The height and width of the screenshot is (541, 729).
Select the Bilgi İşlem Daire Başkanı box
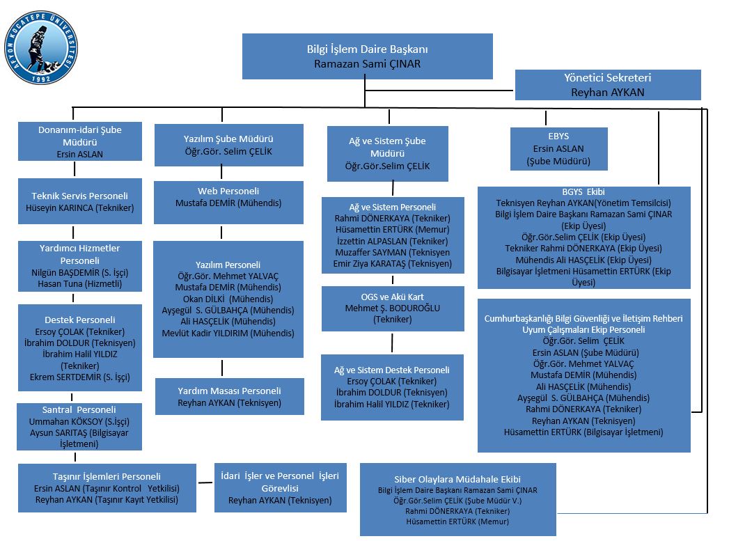pos(367,56)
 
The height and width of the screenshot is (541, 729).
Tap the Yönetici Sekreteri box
pos(607,85)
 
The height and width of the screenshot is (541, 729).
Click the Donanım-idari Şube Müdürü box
pos(79,142)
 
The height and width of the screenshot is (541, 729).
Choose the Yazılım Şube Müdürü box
pos(228,145)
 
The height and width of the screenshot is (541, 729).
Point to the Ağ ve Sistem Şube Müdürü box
pos(387,153)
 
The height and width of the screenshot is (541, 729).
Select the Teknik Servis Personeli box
pos(79,201)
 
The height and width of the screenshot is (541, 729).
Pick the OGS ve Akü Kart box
pos(393,308)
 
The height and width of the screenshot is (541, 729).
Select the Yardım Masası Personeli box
pos(229,396)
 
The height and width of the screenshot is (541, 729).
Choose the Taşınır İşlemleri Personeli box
pos(107,487)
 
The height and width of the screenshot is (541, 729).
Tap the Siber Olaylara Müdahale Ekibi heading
pos(457,479)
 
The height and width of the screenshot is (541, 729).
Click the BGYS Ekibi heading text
pos(583,192)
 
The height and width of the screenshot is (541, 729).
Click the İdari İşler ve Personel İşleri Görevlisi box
pos(280,487)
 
